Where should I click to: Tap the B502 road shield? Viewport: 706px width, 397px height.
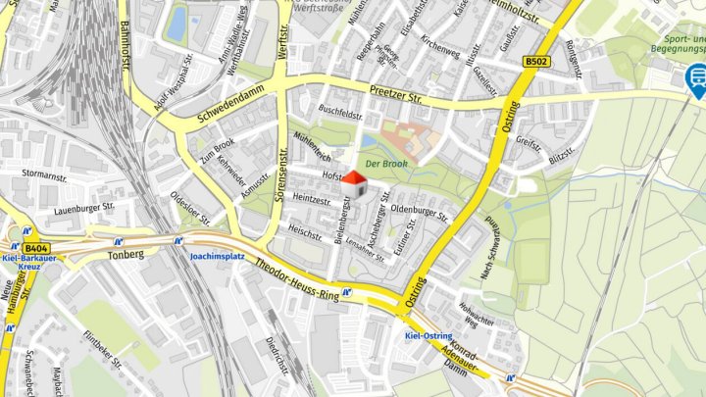(535, 61)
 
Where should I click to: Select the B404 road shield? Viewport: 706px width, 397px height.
(37, 248)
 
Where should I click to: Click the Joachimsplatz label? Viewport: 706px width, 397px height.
(217, 256)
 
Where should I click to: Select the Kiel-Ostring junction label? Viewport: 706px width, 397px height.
(429, 336)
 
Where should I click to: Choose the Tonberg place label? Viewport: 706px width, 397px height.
(126, 254)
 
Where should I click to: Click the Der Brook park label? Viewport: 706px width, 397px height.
(385, 164)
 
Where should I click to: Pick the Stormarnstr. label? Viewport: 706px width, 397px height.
(44, 174)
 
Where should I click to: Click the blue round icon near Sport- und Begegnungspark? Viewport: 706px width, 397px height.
(695, 74)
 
